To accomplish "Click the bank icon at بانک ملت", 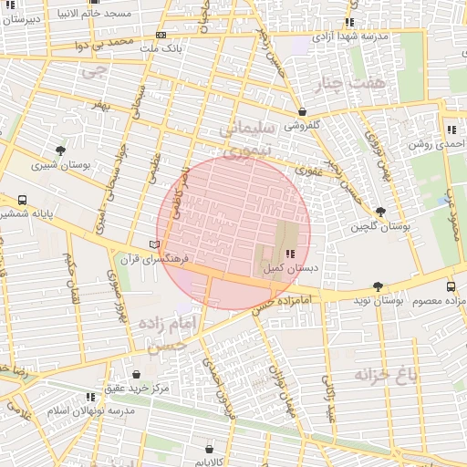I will coord(161,36).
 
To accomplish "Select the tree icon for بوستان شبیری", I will coord(60,150).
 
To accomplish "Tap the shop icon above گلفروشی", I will coord(302,112).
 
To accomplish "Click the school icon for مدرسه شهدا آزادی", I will coord(349,23).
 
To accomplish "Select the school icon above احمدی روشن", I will coord(451,130).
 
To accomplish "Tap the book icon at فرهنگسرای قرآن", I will coord(154,244).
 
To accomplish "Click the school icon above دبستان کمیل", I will coord(290,254).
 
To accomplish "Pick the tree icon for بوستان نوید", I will coord(378,286).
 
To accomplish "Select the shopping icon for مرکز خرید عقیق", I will coord(136,374).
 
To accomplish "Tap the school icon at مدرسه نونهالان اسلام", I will coord(89,397).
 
